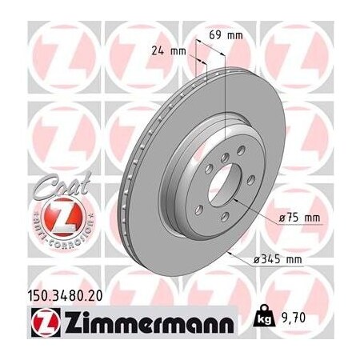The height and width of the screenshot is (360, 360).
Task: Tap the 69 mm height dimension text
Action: pyautogui.click(x=230, y=36)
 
